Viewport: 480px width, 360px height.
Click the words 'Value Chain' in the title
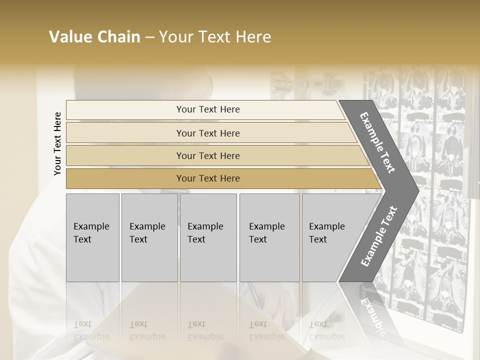point(94,37)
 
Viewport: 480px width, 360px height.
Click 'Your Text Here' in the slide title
point(215,37)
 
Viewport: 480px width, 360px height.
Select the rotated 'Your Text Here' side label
point(58,143)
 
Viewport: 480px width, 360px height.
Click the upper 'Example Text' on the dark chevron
point(377,142)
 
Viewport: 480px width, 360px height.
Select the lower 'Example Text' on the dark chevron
point(379,236)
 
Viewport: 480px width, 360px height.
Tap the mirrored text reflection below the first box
point(91,330)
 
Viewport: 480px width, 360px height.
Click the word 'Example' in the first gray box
point(91,226)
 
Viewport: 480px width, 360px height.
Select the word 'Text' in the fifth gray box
point(318,239)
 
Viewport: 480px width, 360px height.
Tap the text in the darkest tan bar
point(208,178)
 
